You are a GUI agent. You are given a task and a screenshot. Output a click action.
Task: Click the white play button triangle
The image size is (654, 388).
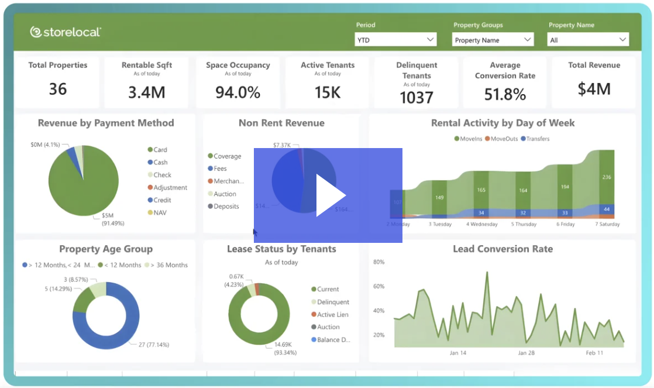(330, 195)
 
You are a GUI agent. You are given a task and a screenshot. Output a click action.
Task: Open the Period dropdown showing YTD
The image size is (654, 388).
(396, 40)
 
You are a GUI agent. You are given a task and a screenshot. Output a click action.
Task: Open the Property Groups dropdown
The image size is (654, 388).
(493, 40)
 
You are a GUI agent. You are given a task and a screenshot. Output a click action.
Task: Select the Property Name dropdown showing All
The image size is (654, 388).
(588, 40)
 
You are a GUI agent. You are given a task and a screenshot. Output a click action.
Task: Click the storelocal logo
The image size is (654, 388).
(66, 32)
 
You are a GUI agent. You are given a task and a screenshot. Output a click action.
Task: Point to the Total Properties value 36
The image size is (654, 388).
(58, 89)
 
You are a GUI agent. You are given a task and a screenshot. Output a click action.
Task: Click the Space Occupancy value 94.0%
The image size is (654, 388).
(237, 92)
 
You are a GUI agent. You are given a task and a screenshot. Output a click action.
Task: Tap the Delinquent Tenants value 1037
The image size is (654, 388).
(417, 97)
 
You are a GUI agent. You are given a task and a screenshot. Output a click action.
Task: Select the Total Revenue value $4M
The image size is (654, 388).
(594, 89)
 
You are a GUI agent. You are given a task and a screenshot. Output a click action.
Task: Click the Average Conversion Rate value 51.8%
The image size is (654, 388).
(505, 94)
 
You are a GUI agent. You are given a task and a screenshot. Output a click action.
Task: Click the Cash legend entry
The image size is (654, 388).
(160, 162)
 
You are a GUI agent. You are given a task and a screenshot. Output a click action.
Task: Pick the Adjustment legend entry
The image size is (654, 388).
(170, 188)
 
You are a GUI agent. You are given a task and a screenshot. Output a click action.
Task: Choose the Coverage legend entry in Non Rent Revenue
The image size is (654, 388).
(227, 156)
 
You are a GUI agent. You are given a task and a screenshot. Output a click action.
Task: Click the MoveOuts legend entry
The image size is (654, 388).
(504, 139)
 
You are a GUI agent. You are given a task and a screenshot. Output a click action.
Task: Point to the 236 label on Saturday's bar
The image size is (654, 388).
(607, 177)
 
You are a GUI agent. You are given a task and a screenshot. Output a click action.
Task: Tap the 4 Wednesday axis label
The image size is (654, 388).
(481, 224)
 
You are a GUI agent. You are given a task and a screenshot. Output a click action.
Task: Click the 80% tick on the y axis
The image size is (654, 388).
(378, 262)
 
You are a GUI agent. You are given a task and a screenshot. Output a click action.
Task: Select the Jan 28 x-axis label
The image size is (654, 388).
(526, 353)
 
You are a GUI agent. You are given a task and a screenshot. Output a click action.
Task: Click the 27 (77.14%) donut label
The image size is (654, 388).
(153, 345)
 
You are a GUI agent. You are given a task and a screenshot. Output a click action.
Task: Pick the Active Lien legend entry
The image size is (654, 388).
(332, 314)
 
